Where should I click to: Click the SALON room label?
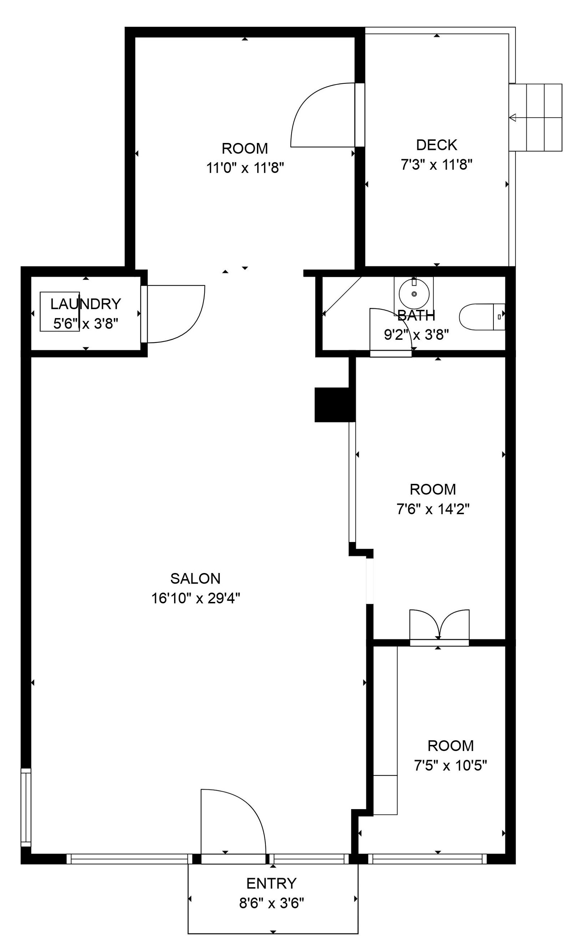[195, 578]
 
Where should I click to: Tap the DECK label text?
[437, 145]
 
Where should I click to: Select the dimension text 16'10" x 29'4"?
[195, 598]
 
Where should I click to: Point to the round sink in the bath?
[414, 294]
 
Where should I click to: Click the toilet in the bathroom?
[482, 317]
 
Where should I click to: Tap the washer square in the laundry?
[60, 311]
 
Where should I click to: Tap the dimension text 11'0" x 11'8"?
[245, 168]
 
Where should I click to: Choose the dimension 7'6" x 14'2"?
[433, 509]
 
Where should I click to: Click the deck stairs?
[535, 117]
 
